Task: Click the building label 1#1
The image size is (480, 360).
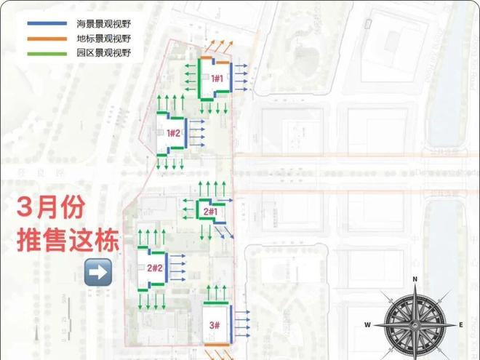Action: [x=217, y=78]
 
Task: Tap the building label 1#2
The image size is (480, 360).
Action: [x=173, y=132]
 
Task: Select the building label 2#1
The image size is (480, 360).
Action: [x=210, y=212]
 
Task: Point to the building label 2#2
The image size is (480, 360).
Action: [x=154, y=268]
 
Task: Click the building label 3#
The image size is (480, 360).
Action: [x=215, y=324]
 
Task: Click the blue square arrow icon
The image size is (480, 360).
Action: [x=98, y=272]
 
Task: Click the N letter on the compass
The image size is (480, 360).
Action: [x=415, y=279]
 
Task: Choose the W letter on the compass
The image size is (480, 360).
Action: [x=368, y=324]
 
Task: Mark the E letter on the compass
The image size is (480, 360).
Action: [x=461, y=324]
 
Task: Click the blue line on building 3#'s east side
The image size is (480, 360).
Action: [x=231, y=320]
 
